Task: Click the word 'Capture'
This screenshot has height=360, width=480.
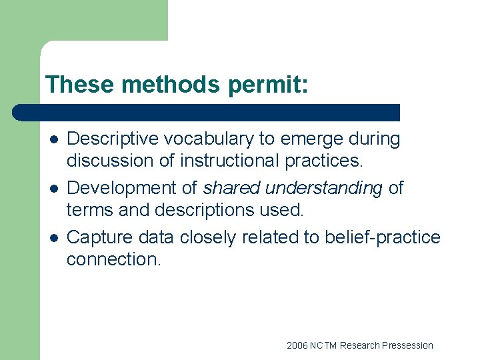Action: (x=101, y=237)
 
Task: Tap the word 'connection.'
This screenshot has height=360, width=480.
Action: (x=113, y=259)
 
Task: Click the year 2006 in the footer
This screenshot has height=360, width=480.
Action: (x=297, y=345)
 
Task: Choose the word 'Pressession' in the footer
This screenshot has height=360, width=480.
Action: (x=407, y=345)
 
